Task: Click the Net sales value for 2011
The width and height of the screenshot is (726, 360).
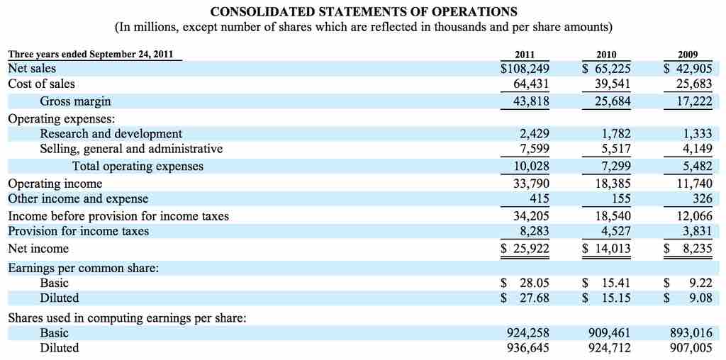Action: click(525, 69)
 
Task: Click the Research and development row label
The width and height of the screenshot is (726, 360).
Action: click(111, 134)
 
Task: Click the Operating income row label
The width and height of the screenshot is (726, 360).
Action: click(55, 184)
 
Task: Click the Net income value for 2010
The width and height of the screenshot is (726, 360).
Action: click(606, 249)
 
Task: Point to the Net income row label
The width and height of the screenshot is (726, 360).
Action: click(38, 249)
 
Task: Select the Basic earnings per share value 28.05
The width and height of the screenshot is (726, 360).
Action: click(533, 283)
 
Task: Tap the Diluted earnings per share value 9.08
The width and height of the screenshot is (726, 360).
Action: click(700, 298)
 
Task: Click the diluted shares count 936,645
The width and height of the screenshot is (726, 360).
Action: click(527, 348)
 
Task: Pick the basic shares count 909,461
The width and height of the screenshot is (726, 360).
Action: click(609, 333)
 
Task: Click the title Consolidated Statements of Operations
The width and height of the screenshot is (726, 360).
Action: click(364, 12)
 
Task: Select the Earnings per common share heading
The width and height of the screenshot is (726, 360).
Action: click(83, 268)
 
